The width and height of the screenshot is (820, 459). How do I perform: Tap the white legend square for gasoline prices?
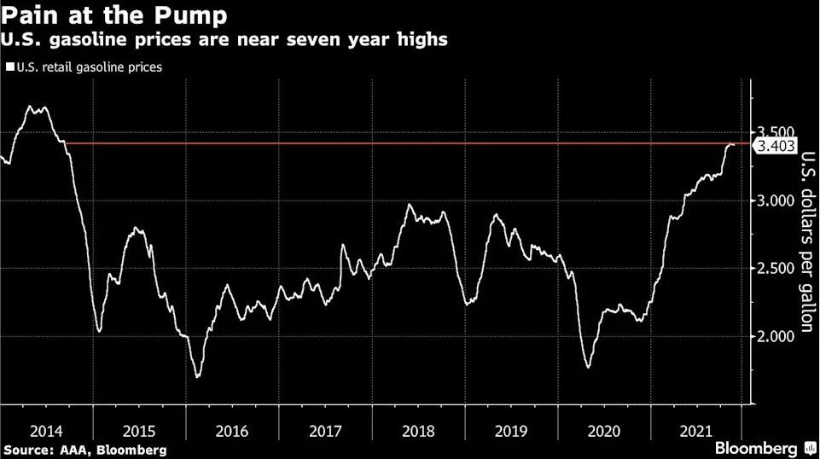click(x=9, y=66)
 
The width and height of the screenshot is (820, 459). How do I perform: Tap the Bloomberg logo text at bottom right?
click(x=754, y=448)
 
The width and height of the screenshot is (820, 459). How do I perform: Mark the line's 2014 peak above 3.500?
click(x=32, y=107)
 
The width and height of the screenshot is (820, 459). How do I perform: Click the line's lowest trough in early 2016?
click(x=198, y=376)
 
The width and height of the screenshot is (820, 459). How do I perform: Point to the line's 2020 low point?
click(x=588, y=368)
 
